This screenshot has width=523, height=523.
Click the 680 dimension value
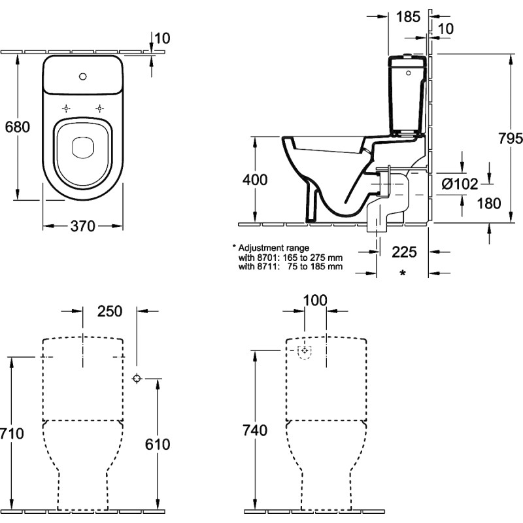click(18, 127)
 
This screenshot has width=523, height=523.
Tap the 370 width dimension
click(83, 226)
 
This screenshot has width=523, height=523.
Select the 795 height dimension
click(511, 139)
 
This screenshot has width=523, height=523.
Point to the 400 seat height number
click(255, 180)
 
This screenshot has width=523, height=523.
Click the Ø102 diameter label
click(460, 184)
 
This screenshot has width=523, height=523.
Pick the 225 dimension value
click(404, 252)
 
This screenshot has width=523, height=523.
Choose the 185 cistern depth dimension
click(408, 17)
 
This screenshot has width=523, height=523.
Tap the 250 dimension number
click(110, 312)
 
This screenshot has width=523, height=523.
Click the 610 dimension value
click(158, 445)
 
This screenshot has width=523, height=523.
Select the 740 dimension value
click(255, 431)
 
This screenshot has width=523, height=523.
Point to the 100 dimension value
click(315, 301)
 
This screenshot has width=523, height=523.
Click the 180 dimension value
click(489, 203)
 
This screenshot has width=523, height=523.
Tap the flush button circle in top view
click(83, 76)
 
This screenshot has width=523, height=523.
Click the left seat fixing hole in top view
click(67, 109)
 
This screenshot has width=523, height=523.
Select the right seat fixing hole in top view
click(99, 109)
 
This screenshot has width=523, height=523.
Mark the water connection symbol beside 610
click(137, 379)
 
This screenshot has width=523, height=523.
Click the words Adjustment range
click(274, 248)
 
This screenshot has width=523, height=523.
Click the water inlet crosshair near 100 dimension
click(304, 350)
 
